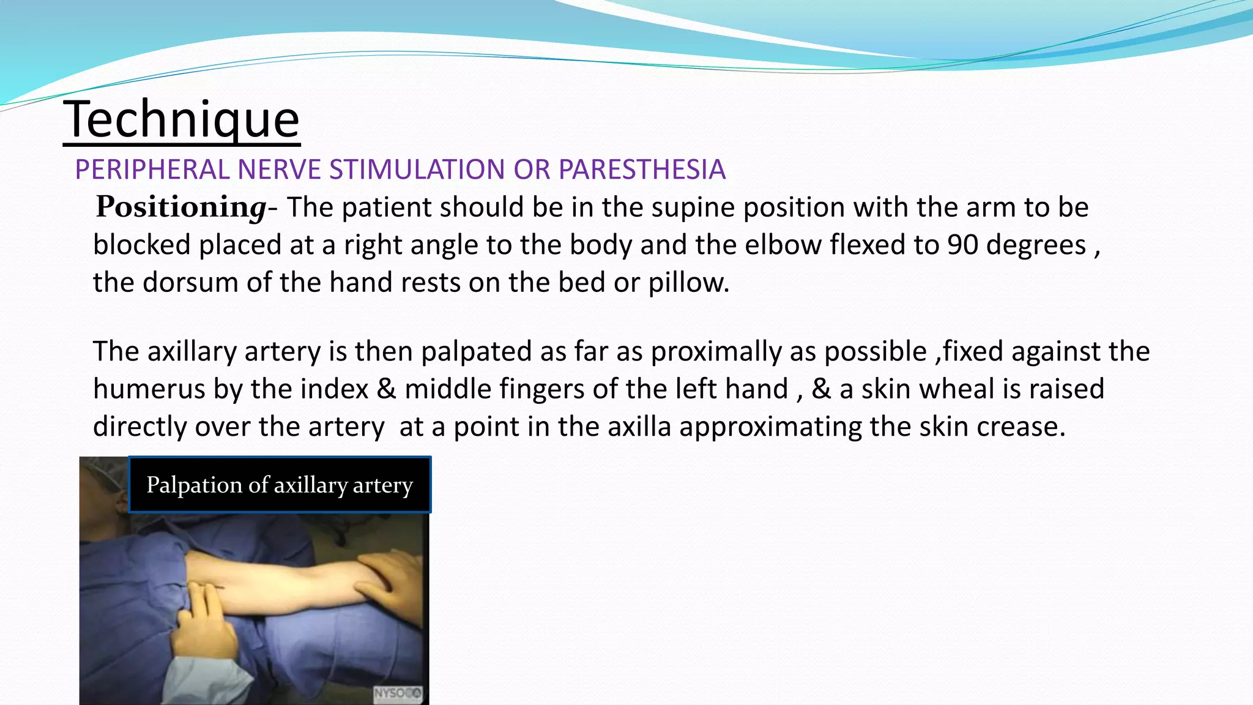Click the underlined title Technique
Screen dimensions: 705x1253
181,120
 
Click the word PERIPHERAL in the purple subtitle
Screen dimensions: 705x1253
152,170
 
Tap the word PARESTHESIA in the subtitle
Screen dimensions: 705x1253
642,170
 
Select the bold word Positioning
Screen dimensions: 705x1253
181,207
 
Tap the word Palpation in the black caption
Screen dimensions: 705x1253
194,485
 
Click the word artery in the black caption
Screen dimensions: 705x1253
383,485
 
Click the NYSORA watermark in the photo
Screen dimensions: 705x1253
397,693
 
